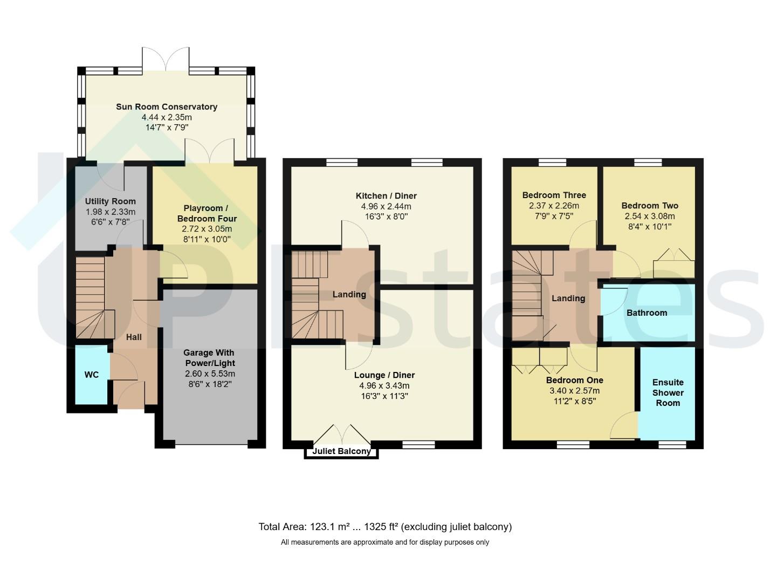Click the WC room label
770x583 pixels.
tap(91, 375)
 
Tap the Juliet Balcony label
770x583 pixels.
tap(341, 451)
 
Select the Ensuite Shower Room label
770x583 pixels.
tap(668, 392)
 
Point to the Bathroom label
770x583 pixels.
tap(647, 313)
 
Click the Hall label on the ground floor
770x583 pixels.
tap(134, 337)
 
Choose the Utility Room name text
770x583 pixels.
tap(110, 201)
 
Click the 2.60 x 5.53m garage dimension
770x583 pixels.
tap(210, 374)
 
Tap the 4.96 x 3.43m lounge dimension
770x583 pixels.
tap(384, 385)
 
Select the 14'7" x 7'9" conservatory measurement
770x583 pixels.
tap(167, 127)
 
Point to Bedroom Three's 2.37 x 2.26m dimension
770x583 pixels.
tap(554, 206)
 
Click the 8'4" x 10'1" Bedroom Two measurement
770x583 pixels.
tap(649, 227)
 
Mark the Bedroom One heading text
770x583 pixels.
tap(574, 380)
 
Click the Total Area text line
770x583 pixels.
tap(385, 527)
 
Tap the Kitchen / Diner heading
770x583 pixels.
tap(386, 195)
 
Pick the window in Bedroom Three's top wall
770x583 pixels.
tap(552, 162)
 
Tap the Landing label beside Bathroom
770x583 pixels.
tap(568, 298)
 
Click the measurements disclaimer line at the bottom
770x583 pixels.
tap(385, 543)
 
